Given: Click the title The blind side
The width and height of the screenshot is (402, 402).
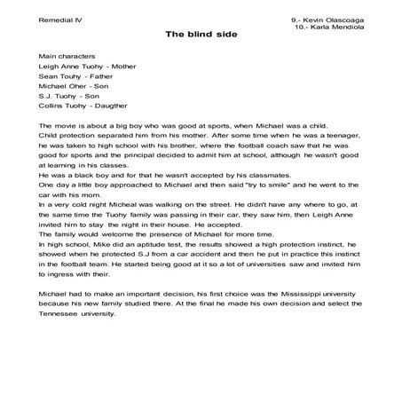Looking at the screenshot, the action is [200, 36].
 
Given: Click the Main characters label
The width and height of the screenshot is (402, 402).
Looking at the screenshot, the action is [66, 55].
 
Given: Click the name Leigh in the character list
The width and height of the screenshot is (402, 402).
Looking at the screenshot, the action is [51, 67].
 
